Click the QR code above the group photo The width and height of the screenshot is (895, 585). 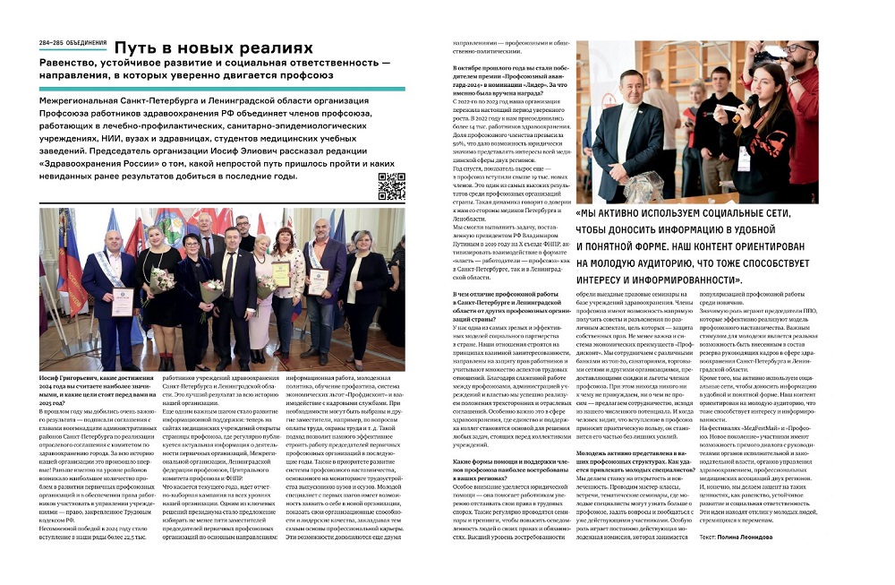[391, 186]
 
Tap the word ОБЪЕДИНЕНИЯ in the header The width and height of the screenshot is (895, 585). [86, 44]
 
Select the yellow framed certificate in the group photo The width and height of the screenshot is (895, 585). [281, 271]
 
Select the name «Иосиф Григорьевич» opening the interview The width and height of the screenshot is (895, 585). [67, 381]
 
